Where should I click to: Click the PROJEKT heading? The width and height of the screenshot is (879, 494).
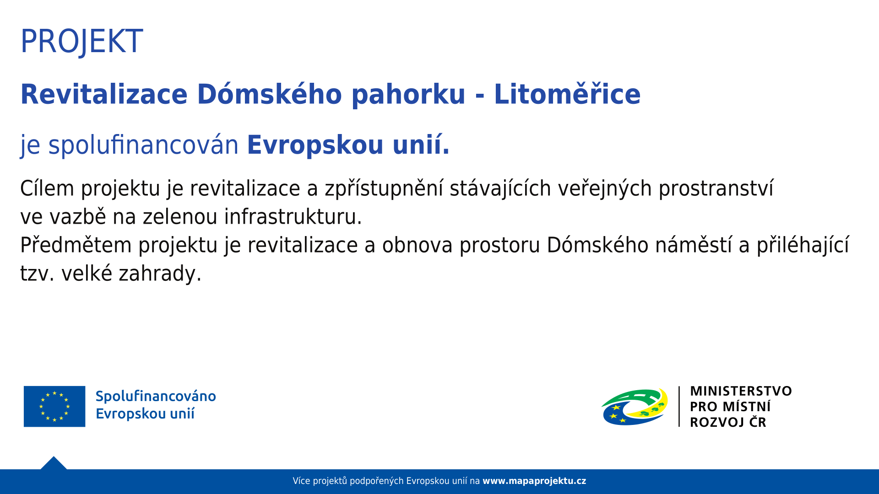pos(81,42)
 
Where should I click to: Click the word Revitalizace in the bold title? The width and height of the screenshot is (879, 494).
pos(104,95)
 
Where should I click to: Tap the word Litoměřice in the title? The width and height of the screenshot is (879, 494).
pos(567,95)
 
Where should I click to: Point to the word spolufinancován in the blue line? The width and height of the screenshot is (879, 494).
pos(143,145)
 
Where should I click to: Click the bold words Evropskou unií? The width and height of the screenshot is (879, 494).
pos(348,145)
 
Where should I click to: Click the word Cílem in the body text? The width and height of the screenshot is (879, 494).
pos(47,188)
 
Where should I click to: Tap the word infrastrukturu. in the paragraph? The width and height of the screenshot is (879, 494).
pos(293,217)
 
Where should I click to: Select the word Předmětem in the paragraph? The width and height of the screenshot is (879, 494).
pos(76,246)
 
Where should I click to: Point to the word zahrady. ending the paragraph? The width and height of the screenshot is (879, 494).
pos(160,274)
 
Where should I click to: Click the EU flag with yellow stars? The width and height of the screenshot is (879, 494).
pos(54,406)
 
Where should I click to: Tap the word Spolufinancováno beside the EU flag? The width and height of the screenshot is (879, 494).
pos(156,396)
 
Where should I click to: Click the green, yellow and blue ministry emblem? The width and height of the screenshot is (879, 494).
pos(635,407)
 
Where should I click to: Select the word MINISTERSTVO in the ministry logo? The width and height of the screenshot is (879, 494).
pos(741,391)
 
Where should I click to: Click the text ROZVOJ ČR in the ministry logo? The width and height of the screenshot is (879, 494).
pos(728,422)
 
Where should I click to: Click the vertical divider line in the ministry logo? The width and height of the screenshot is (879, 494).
pos(679,407)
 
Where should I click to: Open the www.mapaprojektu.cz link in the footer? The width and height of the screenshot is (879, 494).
pos(534,481)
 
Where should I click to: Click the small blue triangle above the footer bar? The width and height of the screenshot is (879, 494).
pos(54,464)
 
